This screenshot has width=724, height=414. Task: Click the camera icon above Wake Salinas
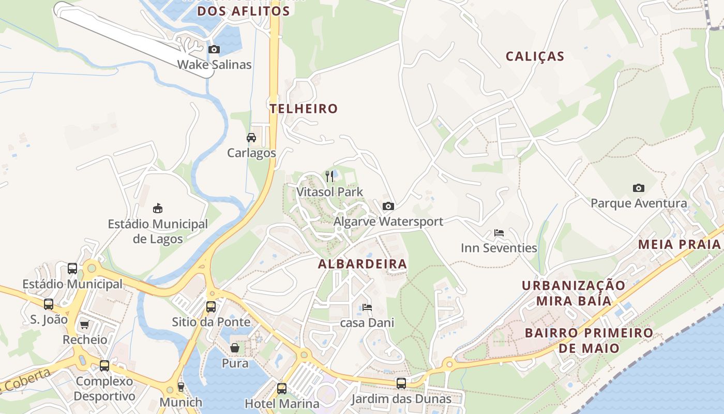click(x=214, y=50)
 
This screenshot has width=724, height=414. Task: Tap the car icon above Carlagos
click(x=251, y=138)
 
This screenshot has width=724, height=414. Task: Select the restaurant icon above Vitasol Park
click(x=330, y=176)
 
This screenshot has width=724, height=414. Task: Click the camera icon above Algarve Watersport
click(x=388, y=206)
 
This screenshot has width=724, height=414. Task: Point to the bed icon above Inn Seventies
click(x=499, y=233)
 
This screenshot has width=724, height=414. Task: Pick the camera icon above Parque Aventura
click(x=639, y=188)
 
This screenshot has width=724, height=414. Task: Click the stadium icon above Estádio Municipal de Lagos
click(x=158, y=209)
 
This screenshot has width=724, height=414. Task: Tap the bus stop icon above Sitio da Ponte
click(x=211, y=306)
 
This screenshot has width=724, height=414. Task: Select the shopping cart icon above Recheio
click(x=85, y=324)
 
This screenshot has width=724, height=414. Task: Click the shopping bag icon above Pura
click(x=235, y=348)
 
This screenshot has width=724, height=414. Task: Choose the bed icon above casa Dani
click(x=367, y=307)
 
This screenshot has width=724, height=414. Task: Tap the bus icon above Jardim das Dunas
click(x=401, y=383)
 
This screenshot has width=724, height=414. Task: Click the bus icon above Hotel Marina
click(x=282, y=388)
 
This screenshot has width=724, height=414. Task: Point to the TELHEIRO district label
click(x=304, y=109)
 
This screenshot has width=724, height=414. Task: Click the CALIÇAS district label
click(x=535, y=56)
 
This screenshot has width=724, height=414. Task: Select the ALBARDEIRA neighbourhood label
click(x=363, y=264)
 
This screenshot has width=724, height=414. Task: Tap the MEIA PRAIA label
click(x=680, y=244)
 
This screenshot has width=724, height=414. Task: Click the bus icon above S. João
click(x=49, y=304)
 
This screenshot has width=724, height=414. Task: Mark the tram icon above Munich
click(x=181, y=387)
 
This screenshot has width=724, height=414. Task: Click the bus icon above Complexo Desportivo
click(x=104, y=366)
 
